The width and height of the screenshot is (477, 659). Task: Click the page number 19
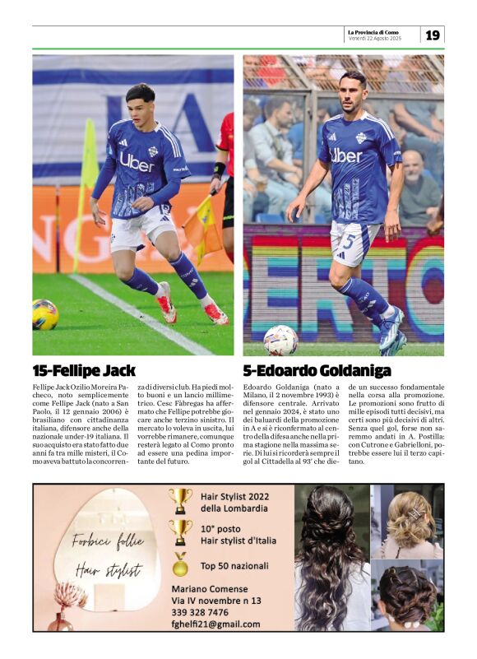[433, 35]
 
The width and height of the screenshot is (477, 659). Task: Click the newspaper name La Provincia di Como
[374, 32]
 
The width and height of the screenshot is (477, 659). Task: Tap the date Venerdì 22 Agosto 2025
[374, 39]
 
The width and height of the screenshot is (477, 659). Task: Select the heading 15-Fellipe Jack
[84, 370]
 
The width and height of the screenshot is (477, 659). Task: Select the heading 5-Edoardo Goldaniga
[317, 370]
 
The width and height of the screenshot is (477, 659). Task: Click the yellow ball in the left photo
[45, 314]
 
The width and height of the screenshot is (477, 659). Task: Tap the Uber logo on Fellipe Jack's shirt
[137, 161]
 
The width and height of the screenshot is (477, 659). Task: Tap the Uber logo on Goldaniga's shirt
[346, 155]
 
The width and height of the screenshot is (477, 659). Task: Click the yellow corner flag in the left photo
[89, 156]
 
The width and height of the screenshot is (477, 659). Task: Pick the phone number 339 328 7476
[200, 612]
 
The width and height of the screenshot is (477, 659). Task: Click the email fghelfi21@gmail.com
[215, 624]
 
